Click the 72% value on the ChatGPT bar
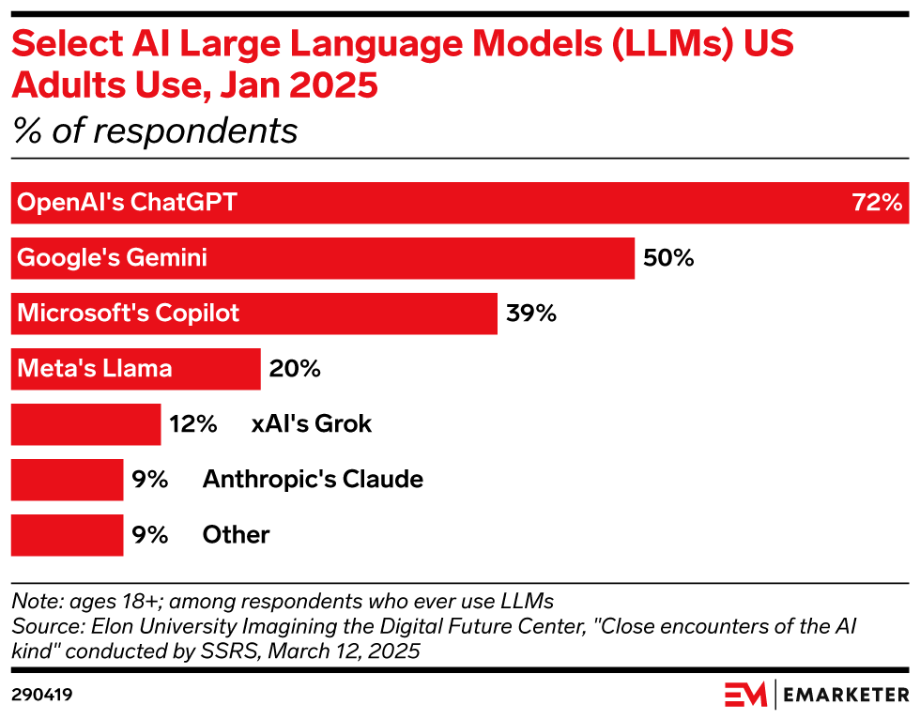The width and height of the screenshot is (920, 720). (877, 203)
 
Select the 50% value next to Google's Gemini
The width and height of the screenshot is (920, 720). (668, 258)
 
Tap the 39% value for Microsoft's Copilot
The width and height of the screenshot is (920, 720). (531, 314)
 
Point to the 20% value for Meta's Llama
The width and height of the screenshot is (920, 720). (295, 369)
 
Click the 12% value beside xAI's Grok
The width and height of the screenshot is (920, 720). (193, 424)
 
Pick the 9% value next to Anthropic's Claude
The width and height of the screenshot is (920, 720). (149, 480)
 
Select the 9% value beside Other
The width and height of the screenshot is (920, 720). (149, 535)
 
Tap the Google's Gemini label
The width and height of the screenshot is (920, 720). (112, 258)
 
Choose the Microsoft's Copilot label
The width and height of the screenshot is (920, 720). (129, 314)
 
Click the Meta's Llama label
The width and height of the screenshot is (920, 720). (95, 369)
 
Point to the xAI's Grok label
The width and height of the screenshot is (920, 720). (312, 424)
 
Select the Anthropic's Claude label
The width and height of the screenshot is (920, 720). (313, 480)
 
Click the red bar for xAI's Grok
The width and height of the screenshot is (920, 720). (85, 424)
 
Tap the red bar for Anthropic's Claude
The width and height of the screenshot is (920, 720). (67, 480)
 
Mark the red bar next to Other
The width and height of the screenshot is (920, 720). (67, 535)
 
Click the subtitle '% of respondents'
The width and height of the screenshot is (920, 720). (155, 131)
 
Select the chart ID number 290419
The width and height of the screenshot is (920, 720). (42, 696)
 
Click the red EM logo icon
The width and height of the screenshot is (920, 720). (746, 695)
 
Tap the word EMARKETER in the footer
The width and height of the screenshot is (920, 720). (847, 696)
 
